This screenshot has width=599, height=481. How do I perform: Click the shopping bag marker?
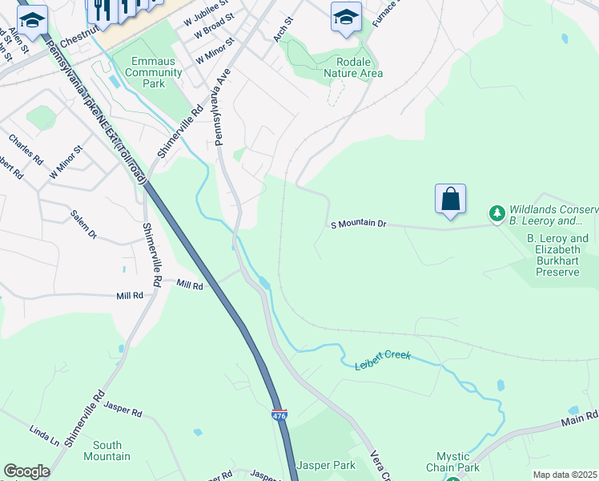click(450, 200)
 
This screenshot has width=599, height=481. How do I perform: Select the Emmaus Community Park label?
click(147, 72)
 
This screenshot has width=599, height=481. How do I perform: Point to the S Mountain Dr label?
click(359, 225)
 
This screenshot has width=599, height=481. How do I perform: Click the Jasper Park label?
click(325, 465)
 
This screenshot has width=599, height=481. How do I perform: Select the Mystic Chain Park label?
click(452, 462)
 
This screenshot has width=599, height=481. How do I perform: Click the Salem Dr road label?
click(83, 224)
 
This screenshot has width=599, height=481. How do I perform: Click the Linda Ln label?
click(44, 436)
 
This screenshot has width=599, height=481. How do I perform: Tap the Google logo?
click(27, 471)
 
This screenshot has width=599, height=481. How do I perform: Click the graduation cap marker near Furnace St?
click(346, 17)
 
